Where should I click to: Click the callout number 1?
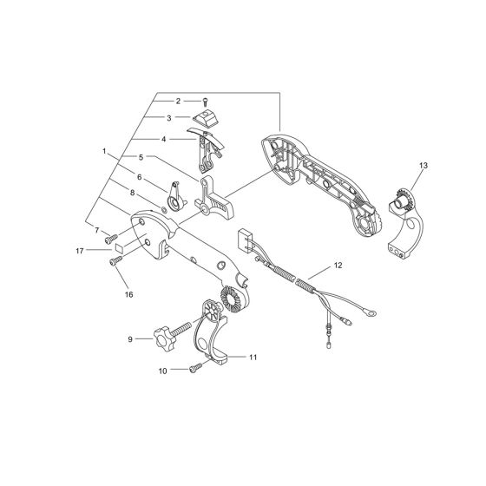[x=103, y=151]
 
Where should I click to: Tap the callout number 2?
[x=179, y=102]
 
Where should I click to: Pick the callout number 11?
[x=253, y=357]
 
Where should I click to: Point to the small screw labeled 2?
[x=205, y=102]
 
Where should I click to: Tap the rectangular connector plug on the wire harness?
[x=243, y=237]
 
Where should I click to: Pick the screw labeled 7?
[x=111, y=236]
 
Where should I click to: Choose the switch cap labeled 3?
[x=206, y=118]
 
